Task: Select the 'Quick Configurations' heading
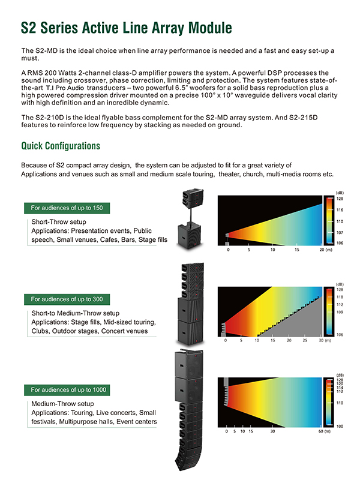tap(61, 146)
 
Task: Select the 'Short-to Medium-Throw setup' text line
tap(75, 313)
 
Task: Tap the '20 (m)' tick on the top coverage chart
tap(325, 250)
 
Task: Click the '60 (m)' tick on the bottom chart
tap(324, 431)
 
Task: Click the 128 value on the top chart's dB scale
tap(340, 198)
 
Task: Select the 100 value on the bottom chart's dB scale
tap(340, 426)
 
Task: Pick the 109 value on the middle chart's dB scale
tap(340, 313)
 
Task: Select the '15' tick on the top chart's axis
tap(297, 250)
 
